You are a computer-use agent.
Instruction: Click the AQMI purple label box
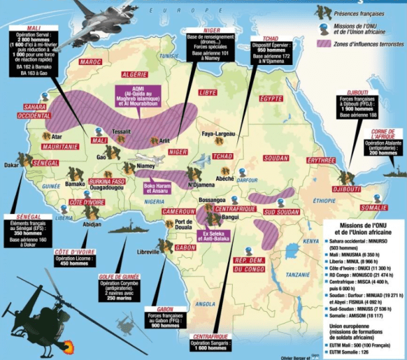tap(142, 94)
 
